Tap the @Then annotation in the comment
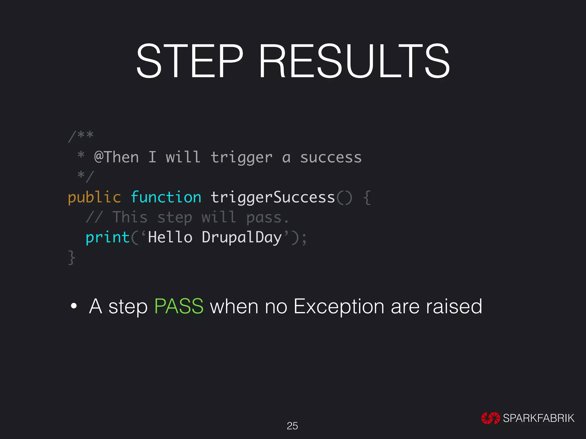[116, 157]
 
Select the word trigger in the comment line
[241, 158]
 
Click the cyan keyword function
[166, 197]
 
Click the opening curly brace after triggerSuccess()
[367, 198]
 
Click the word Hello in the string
[170, 237]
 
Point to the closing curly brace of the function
[72, 258]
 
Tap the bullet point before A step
[74, 306]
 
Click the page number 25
[292, 426]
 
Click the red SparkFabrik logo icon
[490, 418]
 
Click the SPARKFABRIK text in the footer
[539, 418]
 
